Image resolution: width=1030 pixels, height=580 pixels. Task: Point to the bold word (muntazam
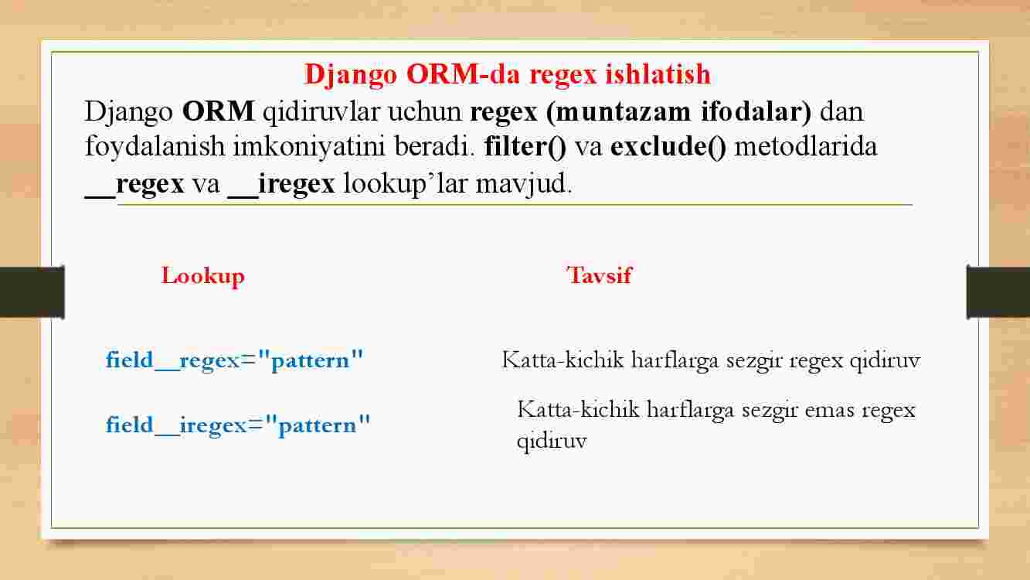coord(618,112)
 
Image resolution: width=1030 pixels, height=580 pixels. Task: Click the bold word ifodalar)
coord(756,111)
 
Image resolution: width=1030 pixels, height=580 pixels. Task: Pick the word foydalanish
coord(155,147)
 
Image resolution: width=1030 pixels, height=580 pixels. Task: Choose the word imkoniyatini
coord(309,147)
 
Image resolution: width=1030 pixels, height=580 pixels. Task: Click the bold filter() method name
coord(525,147)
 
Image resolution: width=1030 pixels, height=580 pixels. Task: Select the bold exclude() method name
coord(668,147)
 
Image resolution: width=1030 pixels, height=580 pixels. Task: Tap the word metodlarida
coord(806,147)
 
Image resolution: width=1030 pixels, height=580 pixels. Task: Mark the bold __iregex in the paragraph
coord(281,184)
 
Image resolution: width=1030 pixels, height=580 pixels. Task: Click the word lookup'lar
coord(406,184)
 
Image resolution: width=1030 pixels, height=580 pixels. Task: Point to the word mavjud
coord(524,184)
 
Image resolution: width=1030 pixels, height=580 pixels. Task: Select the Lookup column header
coord(202,276)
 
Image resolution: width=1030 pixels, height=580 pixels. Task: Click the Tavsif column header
coord(600,275)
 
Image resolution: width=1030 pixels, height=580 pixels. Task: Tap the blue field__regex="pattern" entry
coord(234,360)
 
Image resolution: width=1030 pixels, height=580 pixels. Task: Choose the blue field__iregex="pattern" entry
coord(238,425)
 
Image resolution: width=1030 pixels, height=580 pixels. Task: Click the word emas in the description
coord(829,410)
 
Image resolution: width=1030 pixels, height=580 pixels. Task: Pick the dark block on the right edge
coord(998,292)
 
